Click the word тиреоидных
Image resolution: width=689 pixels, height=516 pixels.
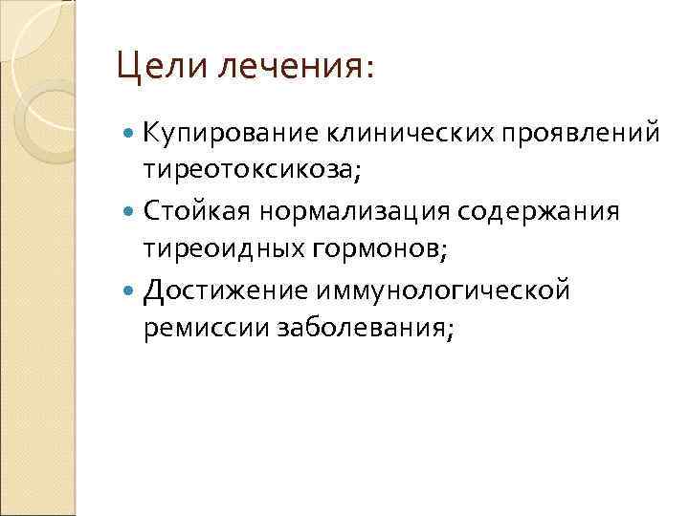click(220, 248)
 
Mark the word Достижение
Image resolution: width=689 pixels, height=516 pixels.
click(216, 289)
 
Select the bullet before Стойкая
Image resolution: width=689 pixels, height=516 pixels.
click(131, 210)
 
